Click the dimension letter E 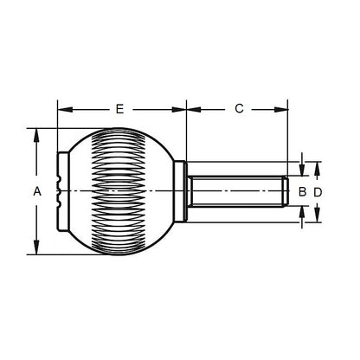coord(120,109)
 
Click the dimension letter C coord(238,109)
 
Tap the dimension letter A coord(36,192)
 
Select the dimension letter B coord(302,191)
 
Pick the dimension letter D coord(318,191)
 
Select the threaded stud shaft coord(234,191)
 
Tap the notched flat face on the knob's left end coord(59,191)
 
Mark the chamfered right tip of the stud coord(284,191)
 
